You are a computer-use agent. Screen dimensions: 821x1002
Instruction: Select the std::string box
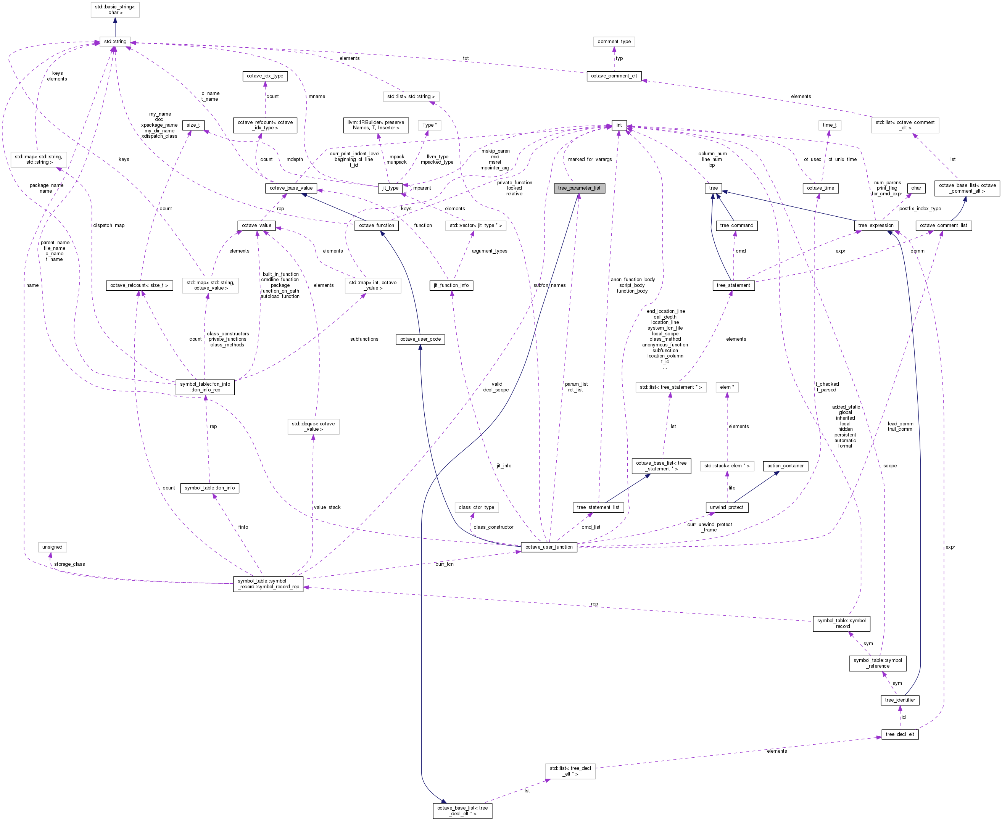pos(115,42)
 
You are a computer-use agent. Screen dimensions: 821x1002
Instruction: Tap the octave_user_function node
pos(548,547)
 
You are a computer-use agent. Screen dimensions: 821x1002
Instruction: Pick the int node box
pos(619,126)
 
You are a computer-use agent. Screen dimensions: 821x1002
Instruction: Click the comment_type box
pos(614,42)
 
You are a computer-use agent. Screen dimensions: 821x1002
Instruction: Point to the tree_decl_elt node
pos(900,734)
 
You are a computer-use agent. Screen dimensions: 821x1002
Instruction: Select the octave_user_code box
pos(420,339)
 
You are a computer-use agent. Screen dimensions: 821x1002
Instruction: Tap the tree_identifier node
pos(900,700)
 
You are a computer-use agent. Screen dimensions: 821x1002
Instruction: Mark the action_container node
pos(785,466)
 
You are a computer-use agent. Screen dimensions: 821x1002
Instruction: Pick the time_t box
pos(829,126)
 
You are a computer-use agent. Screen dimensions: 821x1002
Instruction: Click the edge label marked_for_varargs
pos(590,159)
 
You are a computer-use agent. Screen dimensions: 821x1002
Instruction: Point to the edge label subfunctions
pos(364,339)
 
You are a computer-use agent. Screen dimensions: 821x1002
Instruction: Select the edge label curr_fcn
pos(444,564)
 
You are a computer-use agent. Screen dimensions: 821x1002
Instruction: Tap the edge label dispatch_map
pos(109,225)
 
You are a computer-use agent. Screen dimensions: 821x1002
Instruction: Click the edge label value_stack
pos(327,507)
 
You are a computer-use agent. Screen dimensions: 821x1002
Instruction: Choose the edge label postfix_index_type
pos(920,209)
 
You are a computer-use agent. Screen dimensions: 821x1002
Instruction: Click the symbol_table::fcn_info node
pos(209,488)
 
